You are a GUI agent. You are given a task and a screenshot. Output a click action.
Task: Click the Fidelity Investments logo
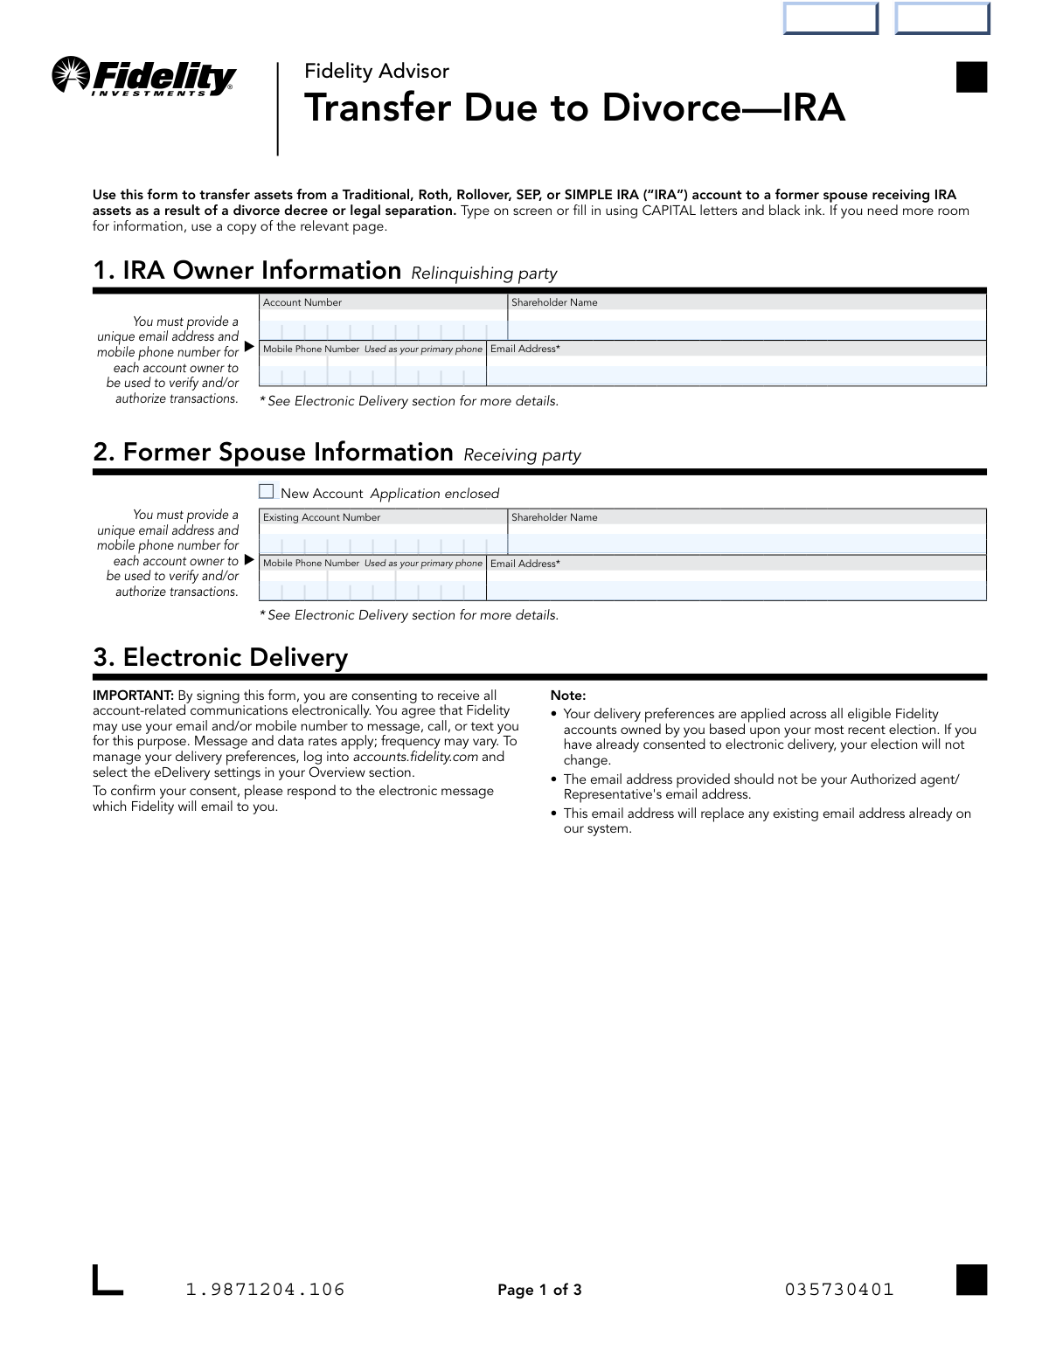point(144,77)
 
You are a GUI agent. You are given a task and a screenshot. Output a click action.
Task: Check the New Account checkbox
point(267,492)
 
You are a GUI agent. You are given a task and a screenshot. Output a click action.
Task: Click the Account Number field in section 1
point(383,329)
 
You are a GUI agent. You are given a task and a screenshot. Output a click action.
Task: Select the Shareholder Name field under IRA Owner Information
point(747,329)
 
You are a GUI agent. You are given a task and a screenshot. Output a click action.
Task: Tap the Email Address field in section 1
point(736,375)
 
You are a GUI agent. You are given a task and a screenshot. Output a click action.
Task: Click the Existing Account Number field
point(383,543)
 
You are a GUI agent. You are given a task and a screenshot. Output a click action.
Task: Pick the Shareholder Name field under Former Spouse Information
point(747,543)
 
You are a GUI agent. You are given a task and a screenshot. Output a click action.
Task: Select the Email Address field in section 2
point(736,590)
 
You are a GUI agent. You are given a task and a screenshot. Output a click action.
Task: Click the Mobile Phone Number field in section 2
point(372,590)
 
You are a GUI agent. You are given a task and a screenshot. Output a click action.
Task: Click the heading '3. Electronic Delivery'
point(220,657)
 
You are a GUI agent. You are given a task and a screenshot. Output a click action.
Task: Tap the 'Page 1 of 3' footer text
point(539,1290)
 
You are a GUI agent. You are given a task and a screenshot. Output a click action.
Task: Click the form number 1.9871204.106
point(266,1290)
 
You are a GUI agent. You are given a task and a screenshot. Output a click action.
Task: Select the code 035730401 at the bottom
point(839,1290)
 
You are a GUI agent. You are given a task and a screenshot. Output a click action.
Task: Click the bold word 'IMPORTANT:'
point(134,696)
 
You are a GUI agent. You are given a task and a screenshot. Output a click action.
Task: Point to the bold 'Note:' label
point(567,696)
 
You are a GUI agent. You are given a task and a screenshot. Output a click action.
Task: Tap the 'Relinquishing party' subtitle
point(483,273)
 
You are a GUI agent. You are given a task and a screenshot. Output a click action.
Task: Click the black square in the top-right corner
point(971,77)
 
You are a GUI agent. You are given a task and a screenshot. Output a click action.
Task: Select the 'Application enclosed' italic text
point(434,494)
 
